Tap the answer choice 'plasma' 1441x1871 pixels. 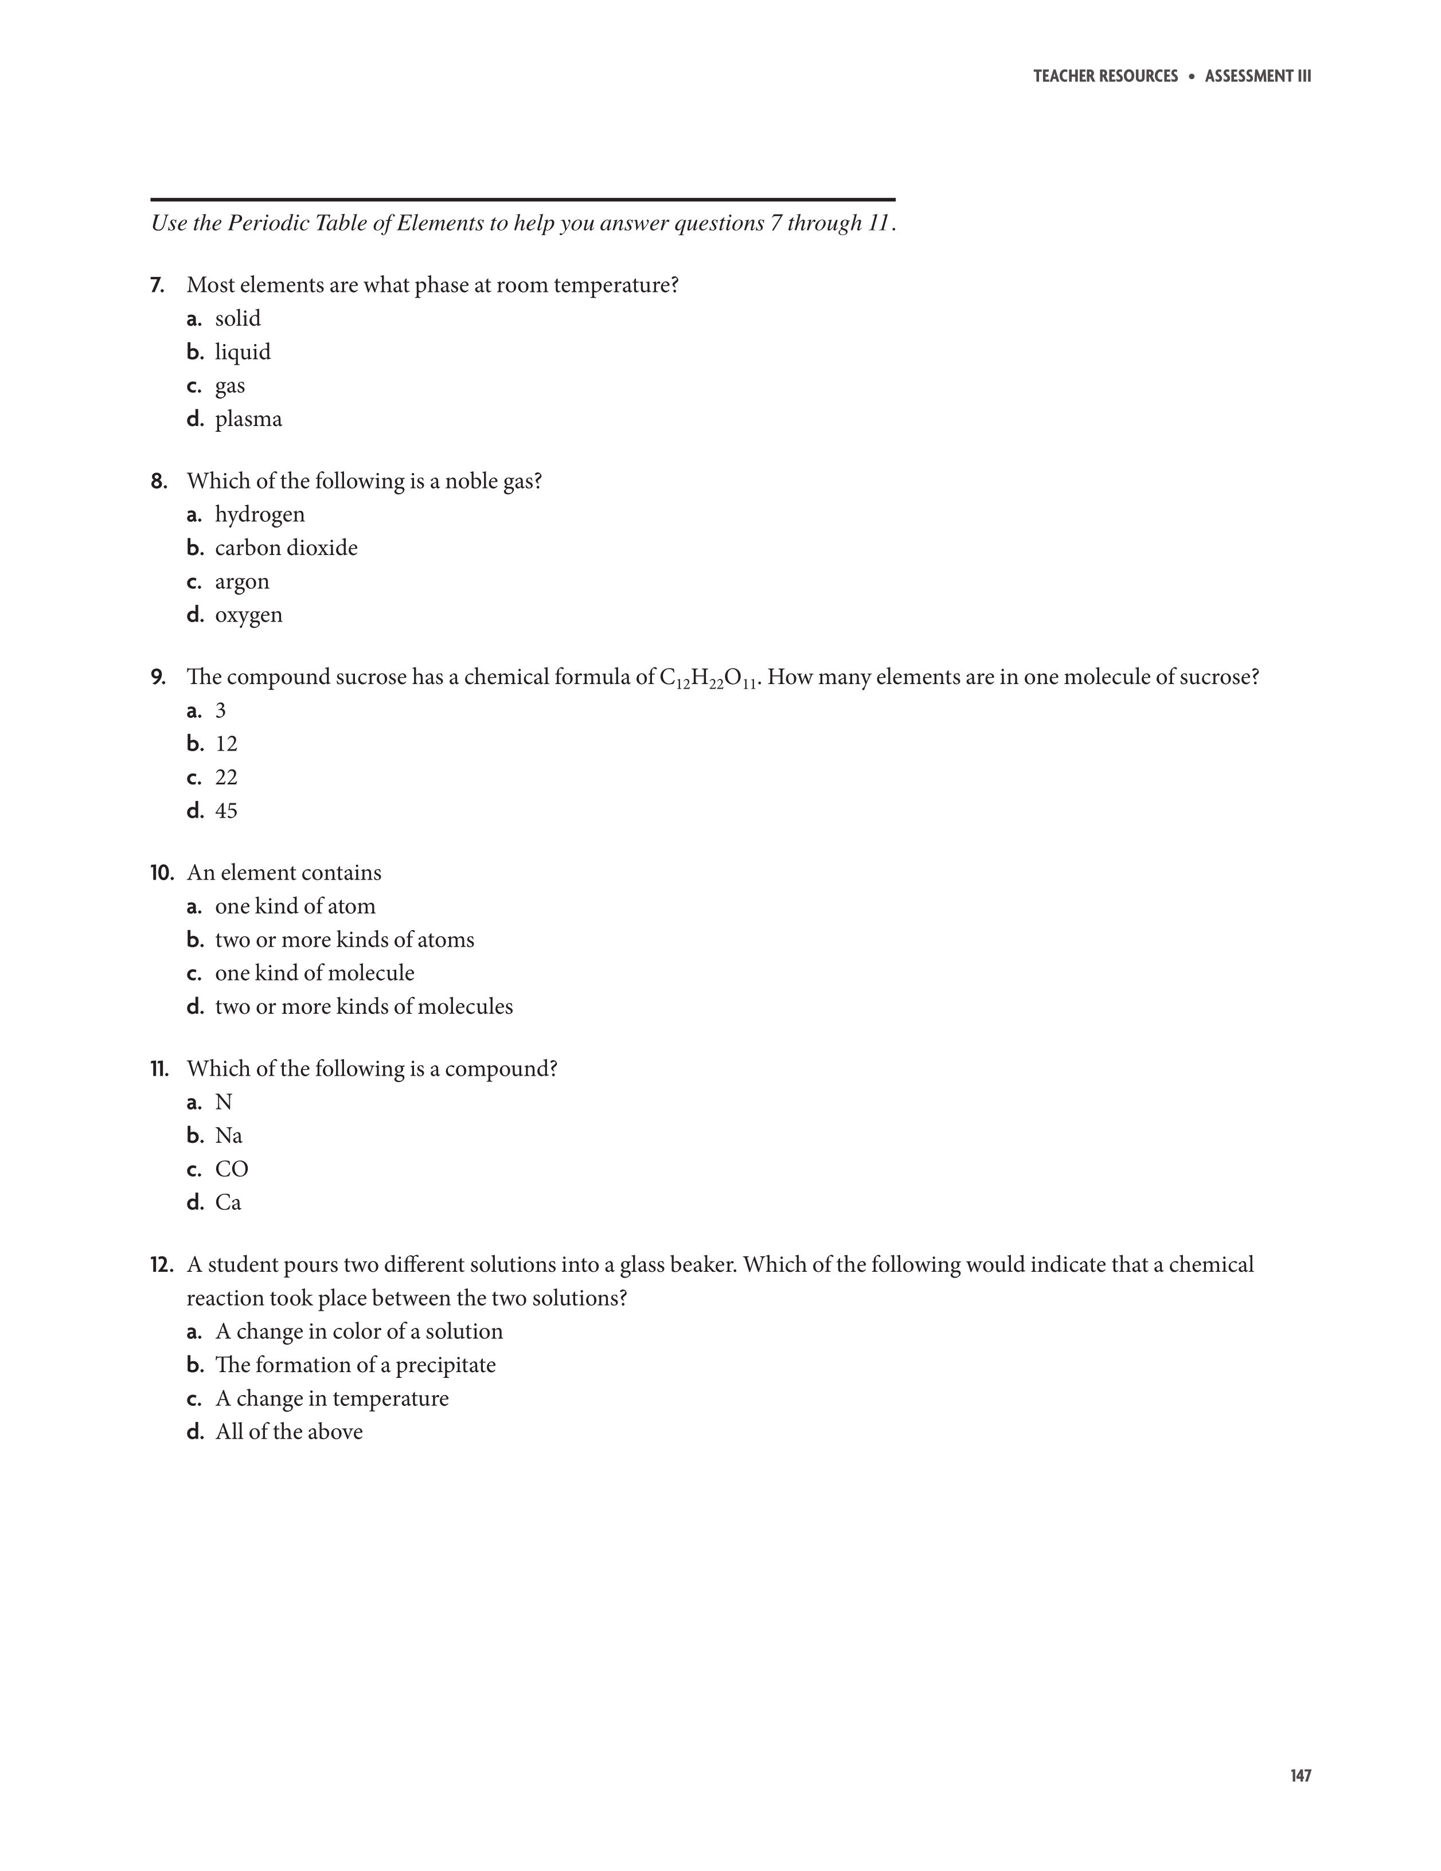click(x=248, y=419)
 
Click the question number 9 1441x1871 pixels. click(x=158, y=678)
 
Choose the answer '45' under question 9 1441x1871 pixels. click(x=226, y=810)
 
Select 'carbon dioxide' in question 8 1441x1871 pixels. click(x=286, y=548)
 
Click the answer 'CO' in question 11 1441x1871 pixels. click(x=231, y=1169)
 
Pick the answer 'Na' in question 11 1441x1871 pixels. click(x=229, y=1136)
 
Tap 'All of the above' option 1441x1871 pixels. click(x=288, y=1432)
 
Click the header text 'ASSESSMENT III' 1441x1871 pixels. click(x=1258, y=76)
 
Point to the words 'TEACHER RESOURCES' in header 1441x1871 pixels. click(x=1105, y=76)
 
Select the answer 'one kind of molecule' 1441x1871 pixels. click(x=314, y=973)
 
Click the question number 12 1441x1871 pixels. click(x=161, y=1265)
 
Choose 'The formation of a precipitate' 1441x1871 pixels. click(x=356, y=1365)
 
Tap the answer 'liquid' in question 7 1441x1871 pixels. click(x=243, y=352)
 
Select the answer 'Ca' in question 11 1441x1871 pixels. click(x=228, y=1203)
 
